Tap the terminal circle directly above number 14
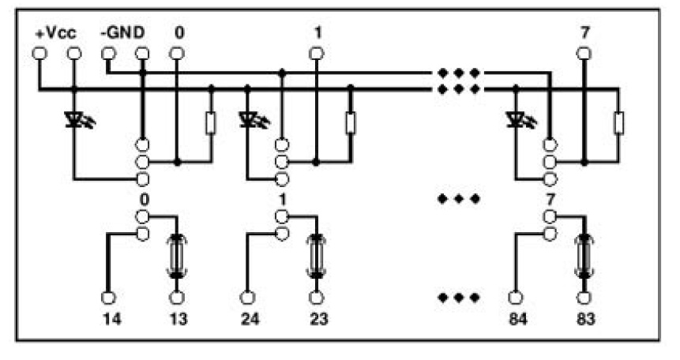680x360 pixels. [109, 298]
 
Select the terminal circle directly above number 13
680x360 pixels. [177, 298]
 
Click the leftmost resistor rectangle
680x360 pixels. [210, 122]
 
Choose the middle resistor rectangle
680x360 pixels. [350, 122]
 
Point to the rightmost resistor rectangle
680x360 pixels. [618, 122]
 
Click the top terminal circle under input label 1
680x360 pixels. [316, 53]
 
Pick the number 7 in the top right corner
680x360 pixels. [584, 34]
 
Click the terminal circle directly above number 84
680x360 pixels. [516, 298]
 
